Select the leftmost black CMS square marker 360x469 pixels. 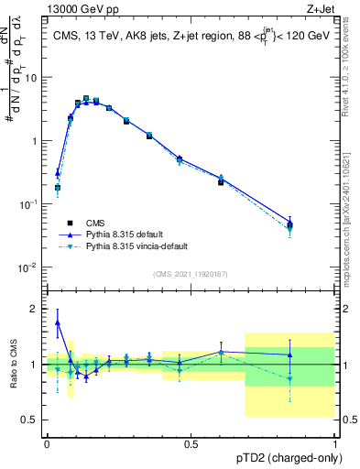click(x=58, y=188)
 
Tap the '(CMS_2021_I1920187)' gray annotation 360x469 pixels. click(x=191, y=274)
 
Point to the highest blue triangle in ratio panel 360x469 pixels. click(x=58, y=322)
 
